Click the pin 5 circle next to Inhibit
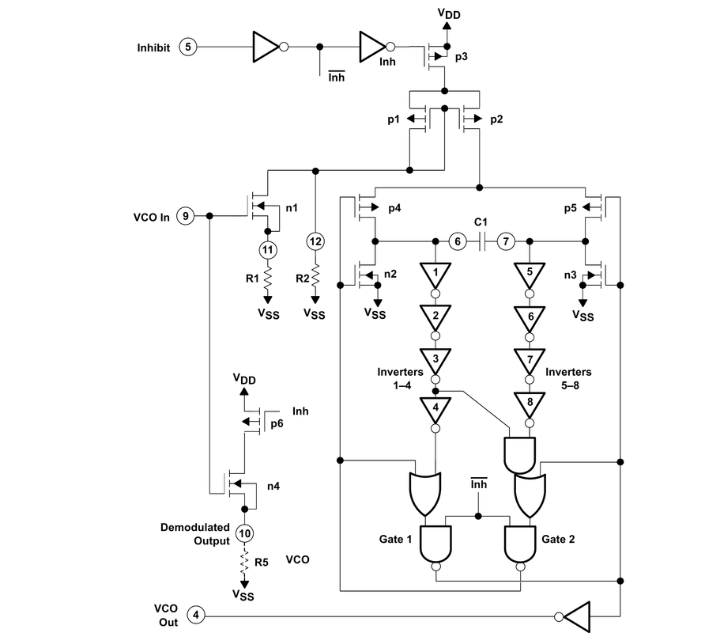point(187,47)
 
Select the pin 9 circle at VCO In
point(185,216)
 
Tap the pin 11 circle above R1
point(267,250)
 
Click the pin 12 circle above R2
point(315,241)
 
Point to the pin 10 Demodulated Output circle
point(244,536)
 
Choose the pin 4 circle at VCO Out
point(197,615)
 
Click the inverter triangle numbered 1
point(435,274)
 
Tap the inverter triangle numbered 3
point(435,358)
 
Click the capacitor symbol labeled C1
point(482,241)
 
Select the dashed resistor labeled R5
point(244,563)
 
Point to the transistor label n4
point(273,486)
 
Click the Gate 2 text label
point(558,539)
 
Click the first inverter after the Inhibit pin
point(266,47)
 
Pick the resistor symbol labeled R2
point(315,276)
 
